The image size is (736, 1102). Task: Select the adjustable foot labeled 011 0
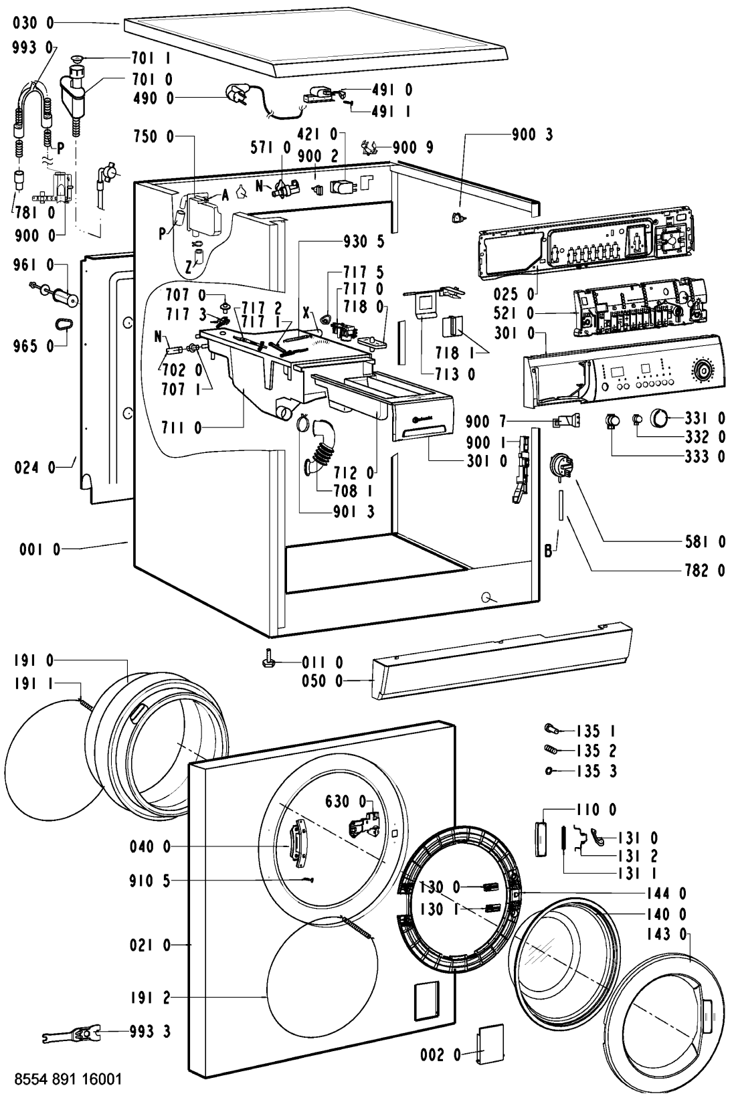[x=268, y=661]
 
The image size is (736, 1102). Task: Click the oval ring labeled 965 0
[x=63, y=325]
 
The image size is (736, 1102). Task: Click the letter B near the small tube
[x=547, y=553]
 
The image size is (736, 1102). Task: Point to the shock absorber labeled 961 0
[x=66, y=294]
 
